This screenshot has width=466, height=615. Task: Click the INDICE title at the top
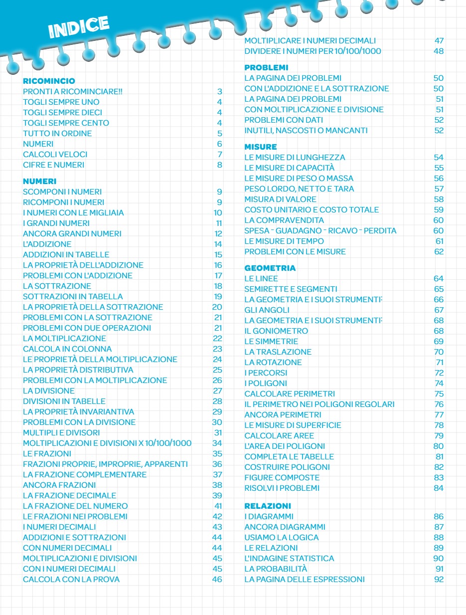click(x=79, y=26)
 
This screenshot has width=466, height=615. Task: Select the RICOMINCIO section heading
click(x=49, y=81)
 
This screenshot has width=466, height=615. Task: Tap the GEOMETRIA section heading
click(x=270, y=268)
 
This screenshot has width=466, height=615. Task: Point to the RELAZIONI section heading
click(x=268, y=506)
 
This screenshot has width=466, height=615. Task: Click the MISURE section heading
click(x=260, y=147)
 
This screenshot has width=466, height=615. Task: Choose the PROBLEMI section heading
click(x=266, y=67)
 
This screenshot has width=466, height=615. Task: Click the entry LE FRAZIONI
click(x=47, y=453)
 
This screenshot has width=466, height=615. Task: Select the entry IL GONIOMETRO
click(x=276, y=331)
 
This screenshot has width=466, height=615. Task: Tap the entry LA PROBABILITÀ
click(x=276, y=569)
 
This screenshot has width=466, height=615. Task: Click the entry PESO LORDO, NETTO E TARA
click(x=299, y=189)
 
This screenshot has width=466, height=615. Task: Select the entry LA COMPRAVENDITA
click(x=284, y=220)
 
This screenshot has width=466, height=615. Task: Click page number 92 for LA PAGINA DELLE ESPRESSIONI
click(x=439, y=579)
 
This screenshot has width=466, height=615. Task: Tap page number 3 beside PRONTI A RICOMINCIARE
click(x=219, y=91)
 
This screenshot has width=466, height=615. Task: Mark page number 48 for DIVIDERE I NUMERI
click(x=439, y=51)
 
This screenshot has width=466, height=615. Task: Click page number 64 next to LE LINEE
click(x=439, y=278)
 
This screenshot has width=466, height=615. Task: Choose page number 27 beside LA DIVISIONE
click(x=217, y=391)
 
